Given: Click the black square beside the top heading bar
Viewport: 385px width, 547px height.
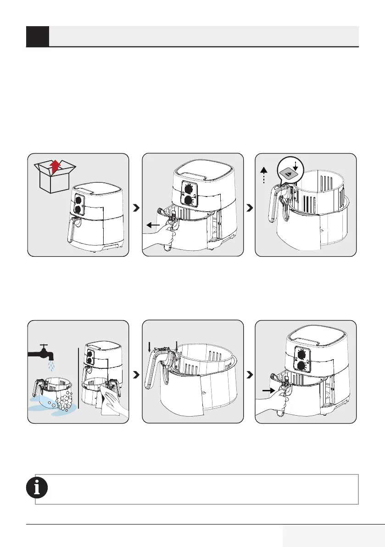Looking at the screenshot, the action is pyautogui.click(x=38, y=36).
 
